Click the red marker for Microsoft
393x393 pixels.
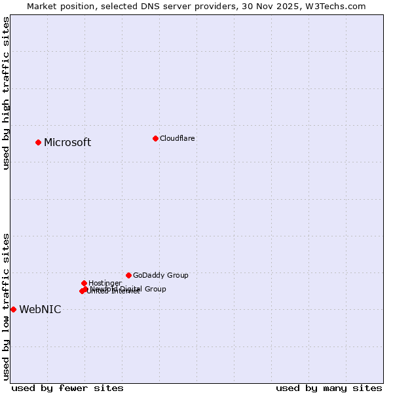[x=39, y=142]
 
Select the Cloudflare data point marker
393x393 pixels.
[x=155, y=138]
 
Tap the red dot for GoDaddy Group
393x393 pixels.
[x=128, y=275]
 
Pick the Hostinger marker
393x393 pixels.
[x=84, y=283]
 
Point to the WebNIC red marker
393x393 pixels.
[x=13, y=309]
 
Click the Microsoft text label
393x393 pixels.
[x=67, y=143]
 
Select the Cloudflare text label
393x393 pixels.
[x=178, y=138]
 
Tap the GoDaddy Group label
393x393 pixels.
[x=160, y=275]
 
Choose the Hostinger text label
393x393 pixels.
[x=105, y=283]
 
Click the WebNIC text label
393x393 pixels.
[x=40, y=310]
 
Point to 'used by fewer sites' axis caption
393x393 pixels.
[x=67, y=388]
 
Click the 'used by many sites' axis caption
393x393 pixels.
[x=329, y=388]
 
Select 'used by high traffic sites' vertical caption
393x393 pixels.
[x=6, y=93]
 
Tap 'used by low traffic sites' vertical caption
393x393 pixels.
[x=6, y=307]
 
